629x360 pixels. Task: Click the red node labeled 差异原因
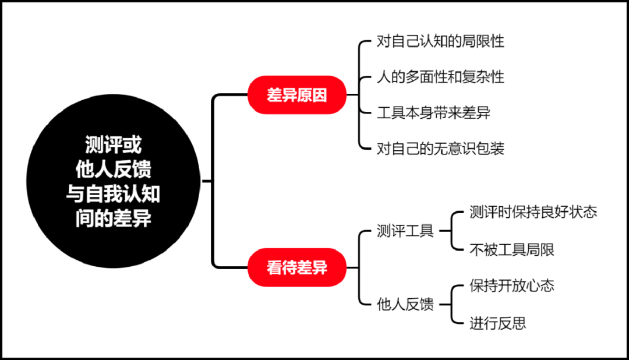coord(297,95)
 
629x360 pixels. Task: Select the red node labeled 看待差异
coord(297,267)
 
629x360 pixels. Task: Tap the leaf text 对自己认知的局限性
coord(440,42)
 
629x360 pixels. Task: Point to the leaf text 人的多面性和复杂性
coord(440,77)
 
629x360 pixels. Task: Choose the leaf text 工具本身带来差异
coord(433,113)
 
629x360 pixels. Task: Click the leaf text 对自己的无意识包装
coord(440,149)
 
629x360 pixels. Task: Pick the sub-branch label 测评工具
coord(405,231)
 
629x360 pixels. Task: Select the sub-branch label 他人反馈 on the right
coord(405,304)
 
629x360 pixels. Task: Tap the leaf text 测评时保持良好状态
coord(533,212)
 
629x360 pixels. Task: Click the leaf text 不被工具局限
coord(512,250)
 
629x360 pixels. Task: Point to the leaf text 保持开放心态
coord(512,285)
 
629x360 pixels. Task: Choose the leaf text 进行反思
coord(498,323)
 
